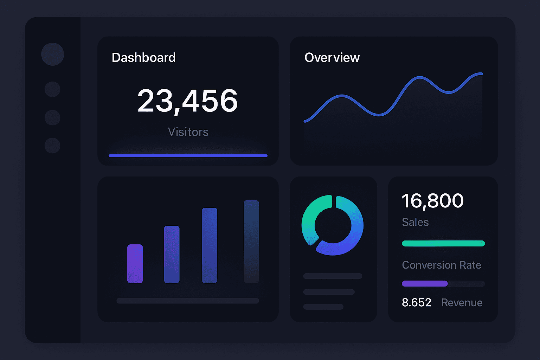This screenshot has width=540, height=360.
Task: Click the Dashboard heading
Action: (143, 58)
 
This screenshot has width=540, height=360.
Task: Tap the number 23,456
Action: (187, 101)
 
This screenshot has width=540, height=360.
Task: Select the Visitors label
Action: (188, 132)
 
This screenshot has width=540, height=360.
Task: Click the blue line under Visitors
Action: (188, 155)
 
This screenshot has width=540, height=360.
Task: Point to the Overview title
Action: (332, 58)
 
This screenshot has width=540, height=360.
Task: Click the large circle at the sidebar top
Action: (52, 54)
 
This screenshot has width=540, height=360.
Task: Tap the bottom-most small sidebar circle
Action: (52, 146)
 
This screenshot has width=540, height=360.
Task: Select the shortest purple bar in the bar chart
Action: (135, 264)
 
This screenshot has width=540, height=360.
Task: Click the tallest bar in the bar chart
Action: (251, 242)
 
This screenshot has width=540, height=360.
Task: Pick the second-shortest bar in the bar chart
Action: (172, 254)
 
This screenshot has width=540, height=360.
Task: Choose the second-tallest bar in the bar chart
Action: (210, 245)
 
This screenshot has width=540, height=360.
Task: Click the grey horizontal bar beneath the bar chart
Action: (188, 301)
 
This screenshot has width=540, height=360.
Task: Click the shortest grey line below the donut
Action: (323, 307)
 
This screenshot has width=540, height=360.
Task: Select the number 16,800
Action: (432, 201)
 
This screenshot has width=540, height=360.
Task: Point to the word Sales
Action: (415, 222)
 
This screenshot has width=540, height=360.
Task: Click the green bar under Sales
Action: (443, 243)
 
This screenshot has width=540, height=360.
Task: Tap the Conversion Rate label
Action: (442, 265)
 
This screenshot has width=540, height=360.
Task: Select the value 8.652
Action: (416, 303)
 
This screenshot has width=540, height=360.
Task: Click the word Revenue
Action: (462, 303)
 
